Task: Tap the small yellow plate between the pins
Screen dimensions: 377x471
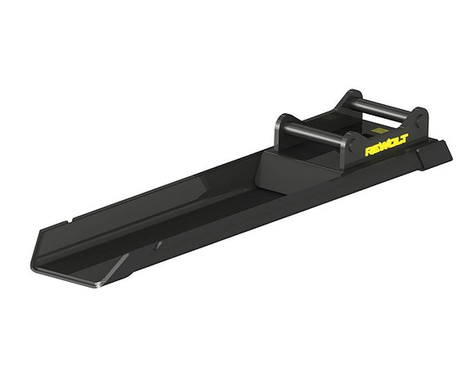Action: tap(378, 128)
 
